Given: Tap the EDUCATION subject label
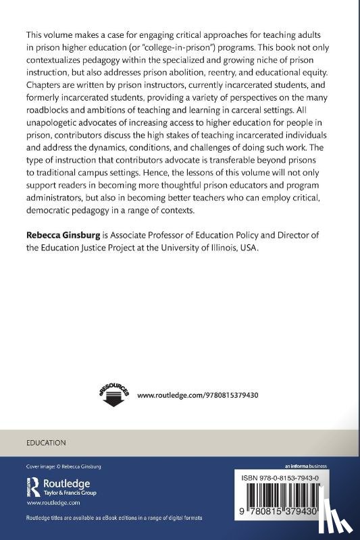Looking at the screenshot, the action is click(x=46, y=443).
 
